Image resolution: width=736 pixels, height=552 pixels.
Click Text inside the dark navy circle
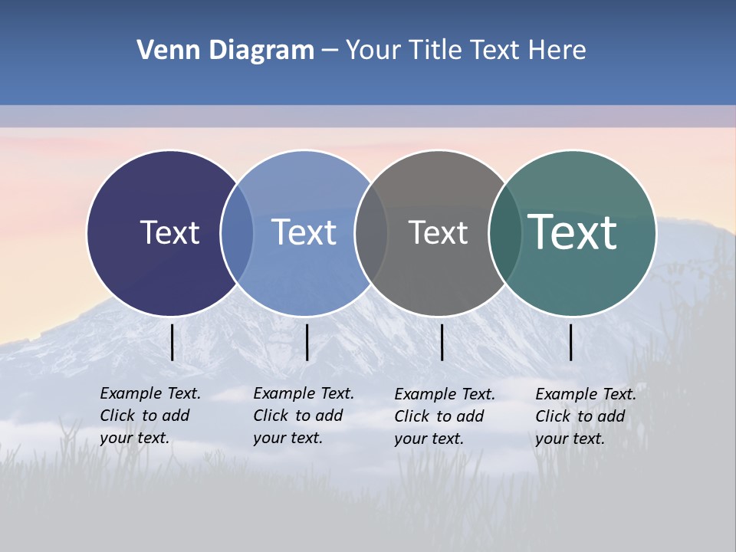click(169, 232)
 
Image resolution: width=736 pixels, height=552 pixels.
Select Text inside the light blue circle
click(304, 232)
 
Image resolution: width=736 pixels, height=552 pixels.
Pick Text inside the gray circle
click(438, 232)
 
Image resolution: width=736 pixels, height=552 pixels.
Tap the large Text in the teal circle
click(573, 232)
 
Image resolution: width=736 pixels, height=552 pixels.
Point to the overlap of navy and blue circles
click(237, 233)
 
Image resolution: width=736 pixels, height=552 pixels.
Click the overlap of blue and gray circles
click(371, 233)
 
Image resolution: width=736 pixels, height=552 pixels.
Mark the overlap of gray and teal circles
click(505, 233)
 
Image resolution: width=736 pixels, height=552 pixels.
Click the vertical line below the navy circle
click(172, 342)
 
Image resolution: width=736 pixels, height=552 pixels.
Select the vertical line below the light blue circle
click(307, 342)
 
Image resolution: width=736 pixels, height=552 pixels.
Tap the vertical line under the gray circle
click(442, 342)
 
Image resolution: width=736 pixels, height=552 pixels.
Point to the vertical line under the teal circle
click(571, 342)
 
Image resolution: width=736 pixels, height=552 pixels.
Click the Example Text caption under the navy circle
click(150, 416)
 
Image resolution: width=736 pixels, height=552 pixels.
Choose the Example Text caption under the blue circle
click(304, 416)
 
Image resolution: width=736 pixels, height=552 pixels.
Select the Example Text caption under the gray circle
click(445, 416)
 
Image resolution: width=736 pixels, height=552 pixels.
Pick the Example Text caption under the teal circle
click(586, 416)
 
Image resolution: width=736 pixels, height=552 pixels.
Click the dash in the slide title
click(330, 51)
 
